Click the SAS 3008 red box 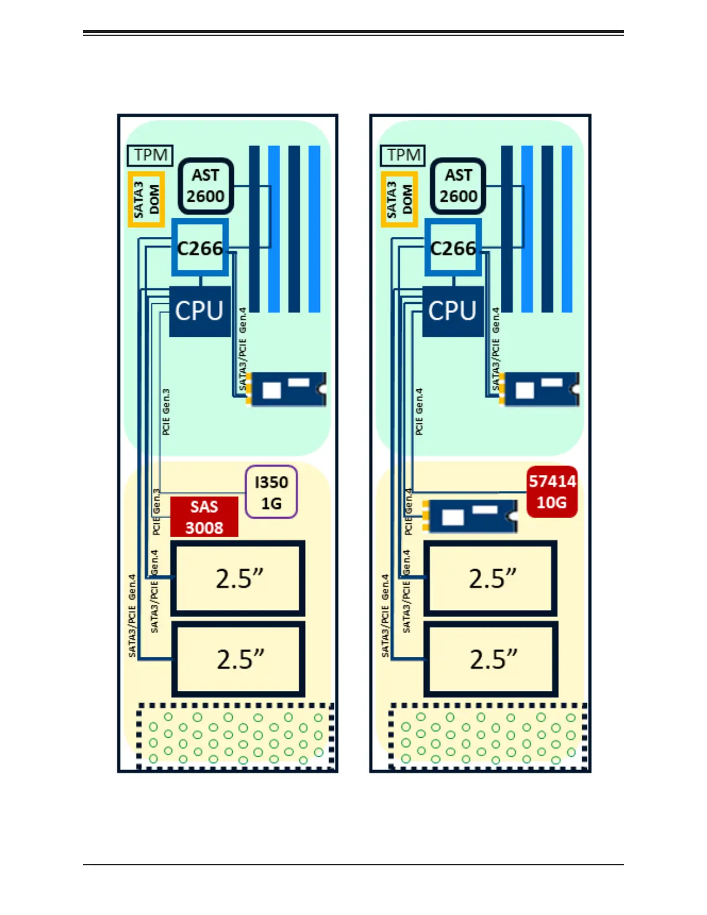[204, 516]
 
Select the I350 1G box [271, 492]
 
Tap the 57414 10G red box [552, 492]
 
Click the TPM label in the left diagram [150, 155]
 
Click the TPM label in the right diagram [403, 155]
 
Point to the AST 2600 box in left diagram [205, 186]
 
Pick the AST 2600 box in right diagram [458, 186]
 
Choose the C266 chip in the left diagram [200, 248]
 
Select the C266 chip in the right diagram [453, 248]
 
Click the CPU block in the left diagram [199, 311]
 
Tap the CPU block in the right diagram [452, 311]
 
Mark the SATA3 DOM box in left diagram [146, 199]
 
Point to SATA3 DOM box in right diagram [399, 199]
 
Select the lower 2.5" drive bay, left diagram [239, 659]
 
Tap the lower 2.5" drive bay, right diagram [491, 659]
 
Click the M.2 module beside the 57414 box [470, 515]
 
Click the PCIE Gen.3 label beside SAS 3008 [156, 511]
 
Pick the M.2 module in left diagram [286, 389]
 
